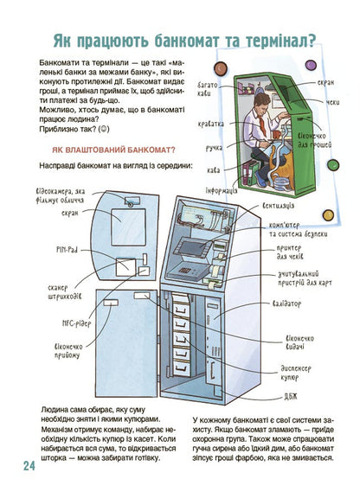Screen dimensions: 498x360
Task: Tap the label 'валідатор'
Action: [x=286, y=303]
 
